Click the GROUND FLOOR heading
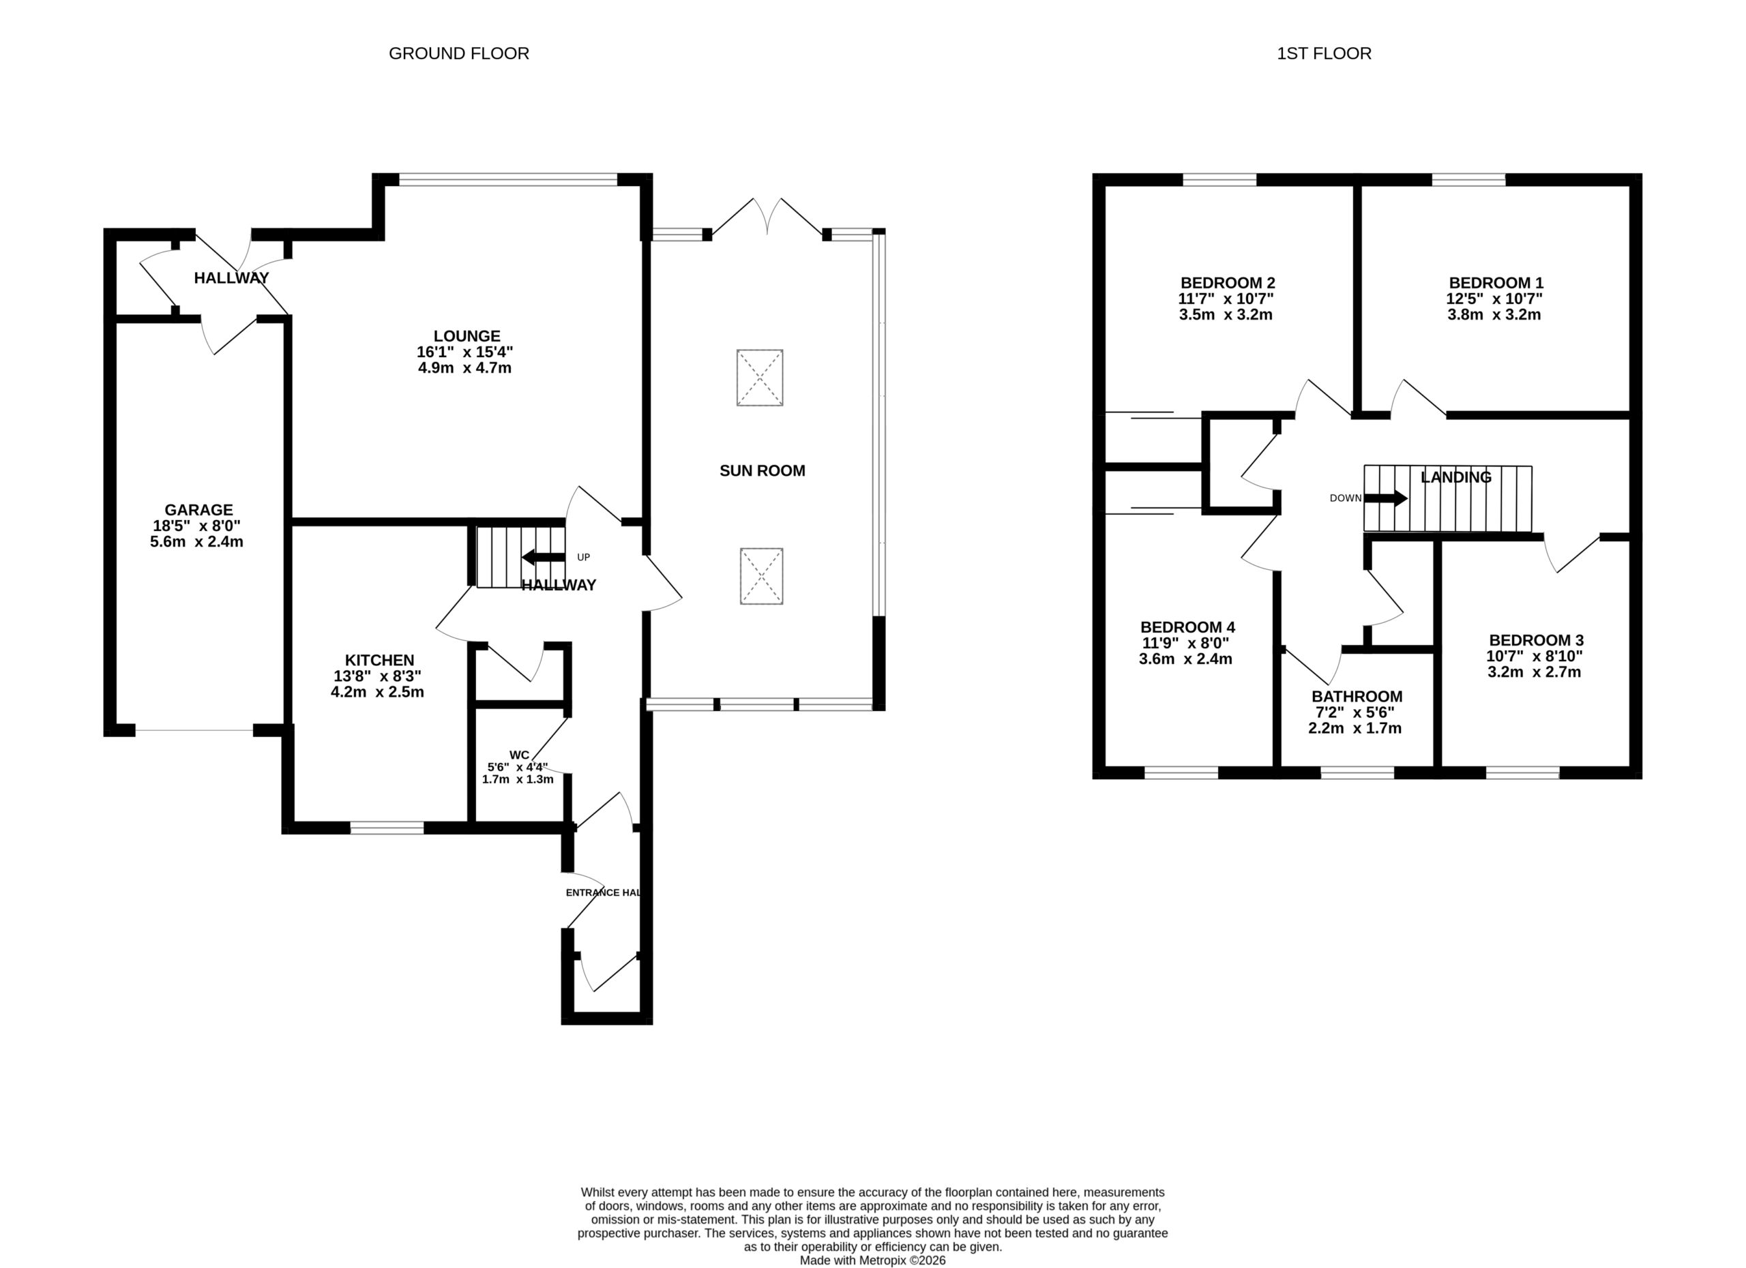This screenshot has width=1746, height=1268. click(459, 53)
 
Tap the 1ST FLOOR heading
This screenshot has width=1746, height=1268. click(1324, 53)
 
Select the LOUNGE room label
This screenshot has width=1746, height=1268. click(467, 336)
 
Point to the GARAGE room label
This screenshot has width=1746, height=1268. click(198, 509)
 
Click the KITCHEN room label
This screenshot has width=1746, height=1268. click(379, 660)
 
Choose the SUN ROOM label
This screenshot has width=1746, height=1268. click(762, 471)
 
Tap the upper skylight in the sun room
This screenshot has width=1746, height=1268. click(760, 378)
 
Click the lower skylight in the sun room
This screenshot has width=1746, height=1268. click(761, 576)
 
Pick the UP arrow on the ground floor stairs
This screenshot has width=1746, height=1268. click(544, 556)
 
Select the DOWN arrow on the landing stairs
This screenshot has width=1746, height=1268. click(1386, 498)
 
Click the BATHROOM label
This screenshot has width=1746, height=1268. click(1357, 696)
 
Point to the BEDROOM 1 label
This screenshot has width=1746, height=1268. click(1496, 282)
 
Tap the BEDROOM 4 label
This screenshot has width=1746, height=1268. click(1188, 627)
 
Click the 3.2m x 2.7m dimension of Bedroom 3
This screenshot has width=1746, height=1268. click(1533, 671)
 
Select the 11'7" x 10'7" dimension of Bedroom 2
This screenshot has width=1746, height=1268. click(1226, 299)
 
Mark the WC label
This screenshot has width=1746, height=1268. click(520, 755)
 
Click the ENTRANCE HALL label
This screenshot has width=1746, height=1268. click(603, 892)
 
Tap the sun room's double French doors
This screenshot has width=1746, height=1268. click(767, 216)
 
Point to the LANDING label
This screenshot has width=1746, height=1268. click(1455, 477)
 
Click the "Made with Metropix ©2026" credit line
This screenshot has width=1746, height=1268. click(872, 1261)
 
